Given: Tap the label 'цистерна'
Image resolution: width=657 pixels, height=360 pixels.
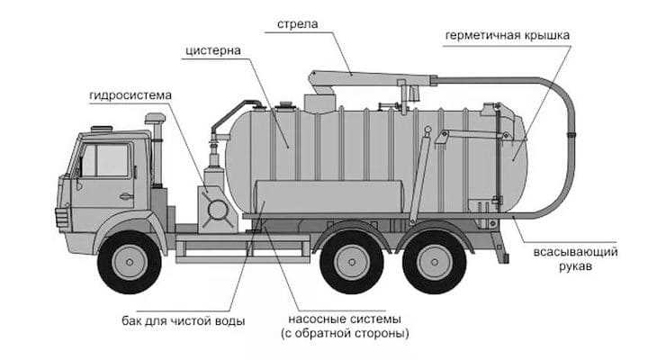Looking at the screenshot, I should coord(214,51).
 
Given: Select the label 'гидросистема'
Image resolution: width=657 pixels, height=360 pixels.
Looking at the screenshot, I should coord(130,94).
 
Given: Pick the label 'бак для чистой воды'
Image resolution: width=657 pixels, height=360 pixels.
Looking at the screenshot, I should coord(184,321).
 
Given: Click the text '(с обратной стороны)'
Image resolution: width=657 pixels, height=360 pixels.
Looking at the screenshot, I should coord(346,335).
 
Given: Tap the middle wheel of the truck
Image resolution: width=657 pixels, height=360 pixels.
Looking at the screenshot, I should coord(351,261).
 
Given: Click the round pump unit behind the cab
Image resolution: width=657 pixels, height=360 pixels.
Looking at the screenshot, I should coord(216,208).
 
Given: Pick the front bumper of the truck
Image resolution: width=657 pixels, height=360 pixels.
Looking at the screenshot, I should coord(64,220).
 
